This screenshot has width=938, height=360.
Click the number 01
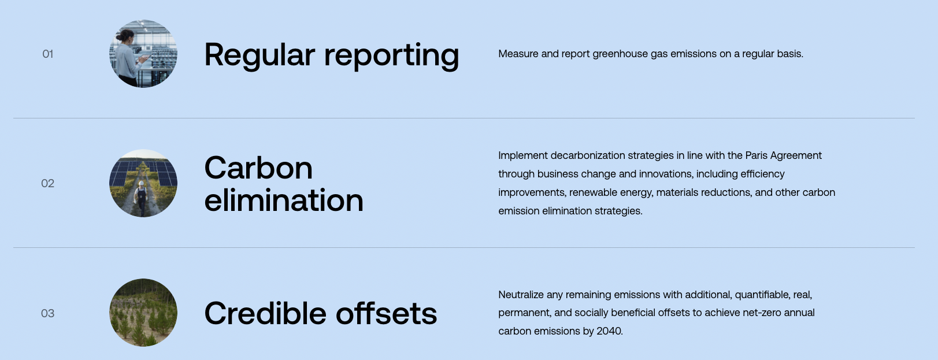(x=48, y=54)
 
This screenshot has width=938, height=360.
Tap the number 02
(x=48, y=183)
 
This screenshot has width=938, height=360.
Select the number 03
(x=48, y=313)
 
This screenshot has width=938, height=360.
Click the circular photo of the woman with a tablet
(x=143, y=54)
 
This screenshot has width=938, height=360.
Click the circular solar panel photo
(x=143, y=183)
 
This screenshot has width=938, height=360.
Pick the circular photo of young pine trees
(x=143, y=312)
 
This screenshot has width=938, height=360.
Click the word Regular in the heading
(x=259, y=55)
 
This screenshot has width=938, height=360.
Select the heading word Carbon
(x=258, y=168)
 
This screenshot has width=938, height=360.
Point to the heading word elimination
(x=284, y=200)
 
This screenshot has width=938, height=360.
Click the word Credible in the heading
(x=265, y=313)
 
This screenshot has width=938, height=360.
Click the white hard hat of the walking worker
(x=142, y=183)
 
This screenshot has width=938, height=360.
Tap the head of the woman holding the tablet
(x=125, y=36)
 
